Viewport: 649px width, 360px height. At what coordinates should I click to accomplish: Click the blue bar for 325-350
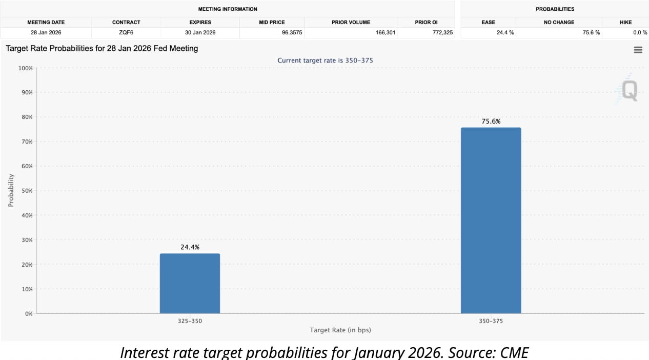pos(190,283)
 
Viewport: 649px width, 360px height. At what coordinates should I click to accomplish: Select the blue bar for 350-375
pos(491,221)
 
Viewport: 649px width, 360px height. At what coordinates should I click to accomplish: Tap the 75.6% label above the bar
pos(491,122)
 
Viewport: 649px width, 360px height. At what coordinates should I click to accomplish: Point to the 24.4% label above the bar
pos(190,247)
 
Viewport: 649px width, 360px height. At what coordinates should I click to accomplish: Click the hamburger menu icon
pos(638,50)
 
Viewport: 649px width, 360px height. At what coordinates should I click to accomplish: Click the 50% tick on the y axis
pos(26,191)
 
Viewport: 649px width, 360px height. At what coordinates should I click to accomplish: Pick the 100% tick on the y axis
pos(25,68)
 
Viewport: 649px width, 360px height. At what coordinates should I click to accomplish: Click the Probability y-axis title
pos(11,190)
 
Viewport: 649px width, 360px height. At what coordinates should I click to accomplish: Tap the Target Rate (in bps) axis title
pos(340,330)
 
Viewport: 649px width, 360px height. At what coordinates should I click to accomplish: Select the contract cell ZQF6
pos(126,32)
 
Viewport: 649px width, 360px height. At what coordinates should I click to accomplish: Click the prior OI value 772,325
pos(440,32)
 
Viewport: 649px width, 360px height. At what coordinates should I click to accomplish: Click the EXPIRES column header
pos(200,22)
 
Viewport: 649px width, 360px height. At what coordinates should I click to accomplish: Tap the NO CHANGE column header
pos(559,22)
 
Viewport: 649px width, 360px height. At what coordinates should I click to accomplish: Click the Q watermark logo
pos(628,91)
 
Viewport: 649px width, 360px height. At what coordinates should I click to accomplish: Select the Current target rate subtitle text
pos(325,61)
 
